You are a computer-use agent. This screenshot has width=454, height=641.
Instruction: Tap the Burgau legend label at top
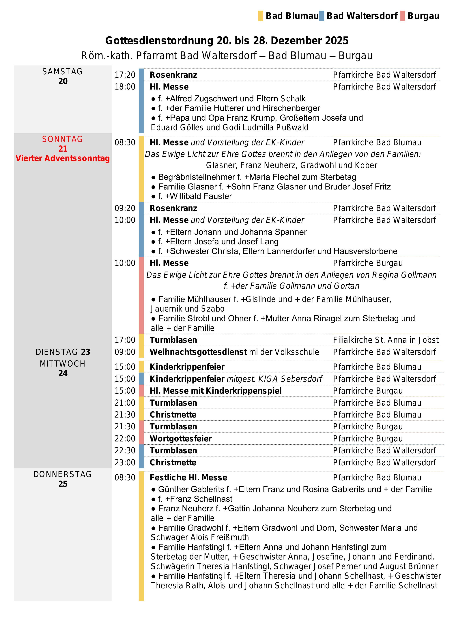423,16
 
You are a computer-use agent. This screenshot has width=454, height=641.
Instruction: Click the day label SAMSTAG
62,72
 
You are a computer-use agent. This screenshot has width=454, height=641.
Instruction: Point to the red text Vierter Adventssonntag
63,158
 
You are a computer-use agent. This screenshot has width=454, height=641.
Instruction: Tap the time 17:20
125,75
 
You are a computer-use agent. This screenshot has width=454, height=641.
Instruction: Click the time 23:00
125,463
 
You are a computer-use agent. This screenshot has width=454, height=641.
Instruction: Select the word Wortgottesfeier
181,439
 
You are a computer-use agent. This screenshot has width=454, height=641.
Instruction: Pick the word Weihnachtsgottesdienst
198,352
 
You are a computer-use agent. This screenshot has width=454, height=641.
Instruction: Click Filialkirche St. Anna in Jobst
386,340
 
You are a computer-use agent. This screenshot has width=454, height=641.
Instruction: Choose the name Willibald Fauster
201,196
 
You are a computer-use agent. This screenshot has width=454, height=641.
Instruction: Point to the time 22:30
125,451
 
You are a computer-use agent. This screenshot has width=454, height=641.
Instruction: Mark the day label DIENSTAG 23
63,352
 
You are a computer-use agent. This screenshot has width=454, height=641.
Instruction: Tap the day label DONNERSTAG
62,474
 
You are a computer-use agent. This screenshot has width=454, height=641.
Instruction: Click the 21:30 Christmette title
173,415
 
